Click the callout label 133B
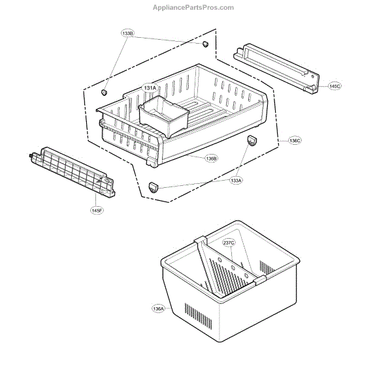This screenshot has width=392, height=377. click(127, 33)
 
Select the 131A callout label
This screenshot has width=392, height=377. click(150, 87)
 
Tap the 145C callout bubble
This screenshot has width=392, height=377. click(335, 85)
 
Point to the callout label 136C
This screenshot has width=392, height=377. click(295, 140)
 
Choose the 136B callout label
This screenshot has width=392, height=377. click(211, 158)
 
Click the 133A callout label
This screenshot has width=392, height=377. click(235, 181)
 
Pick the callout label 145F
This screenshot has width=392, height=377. click(97, 210)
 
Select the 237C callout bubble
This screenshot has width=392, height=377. click(229, 243)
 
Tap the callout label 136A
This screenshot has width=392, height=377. click(159, 309)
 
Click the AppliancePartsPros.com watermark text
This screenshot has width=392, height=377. click(193, 7)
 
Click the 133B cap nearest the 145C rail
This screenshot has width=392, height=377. click(204, 44)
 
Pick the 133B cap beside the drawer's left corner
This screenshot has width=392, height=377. click(103, 94)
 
